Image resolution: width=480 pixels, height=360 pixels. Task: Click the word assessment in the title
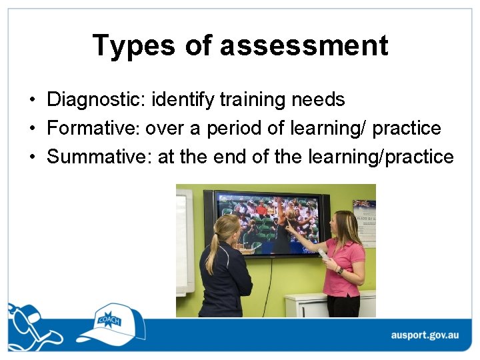303,45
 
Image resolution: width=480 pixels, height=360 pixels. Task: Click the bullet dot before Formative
32,129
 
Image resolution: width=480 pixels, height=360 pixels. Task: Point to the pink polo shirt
343,267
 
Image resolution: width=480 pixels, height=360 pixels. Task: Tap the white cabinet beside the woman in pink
307,305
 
